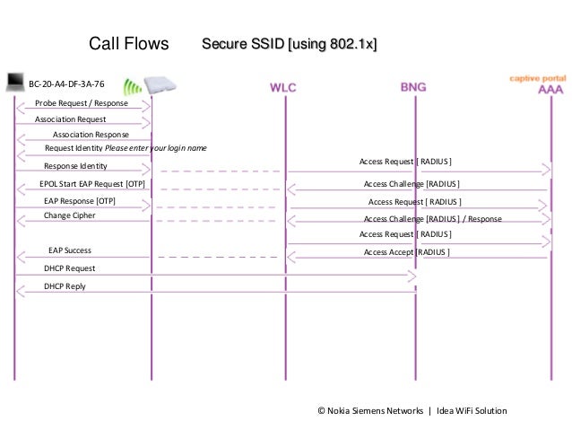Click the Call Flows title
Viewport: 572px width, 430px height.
[129, 44]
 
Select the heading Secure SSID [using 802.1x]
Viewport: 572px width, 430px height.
[289, 44]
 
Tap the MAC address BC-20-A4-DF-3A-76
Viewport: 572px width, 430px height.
[66, 83]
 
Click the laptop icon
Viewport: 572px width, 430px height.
[14, 83]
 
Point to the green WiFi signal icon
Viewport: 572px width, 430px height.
[132, 87]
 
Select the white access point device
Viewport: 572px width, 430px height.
[160, 83]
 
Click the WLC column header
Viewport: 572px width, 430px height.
[285, 88]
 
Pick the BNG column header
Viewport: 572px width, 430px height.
[413, 88]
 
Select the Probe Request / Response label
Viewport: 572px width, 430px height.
[82, 103]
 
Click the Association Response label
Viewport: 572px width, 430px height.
[91, 134]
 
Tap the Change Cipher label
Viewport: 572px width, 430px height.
[69, 215]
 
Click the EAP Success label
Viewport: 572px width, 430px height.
[69, 250]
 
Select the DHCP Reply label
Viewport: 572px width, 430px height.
[65, 286]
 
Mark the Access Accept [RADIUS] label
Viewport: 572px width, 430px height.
[406, 252]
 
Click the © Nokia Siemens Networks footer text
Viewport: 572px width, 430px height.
[370, 410]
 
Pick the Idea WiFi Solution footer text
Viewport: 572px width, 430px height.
[472, 410]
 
